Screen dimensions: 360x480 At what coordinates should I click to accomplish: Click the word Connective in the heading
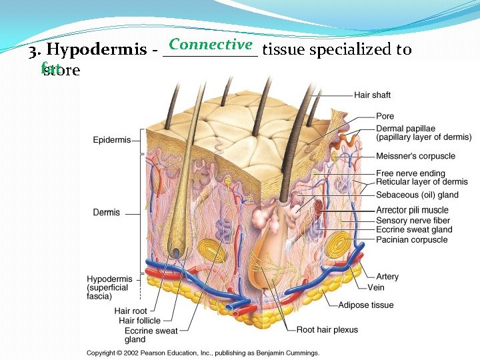[211, 45]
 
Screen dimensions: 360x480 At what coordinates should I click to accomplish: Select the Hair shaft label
[372, 95]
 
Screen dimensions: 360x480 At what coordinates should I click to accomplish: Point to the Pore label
[385, 117]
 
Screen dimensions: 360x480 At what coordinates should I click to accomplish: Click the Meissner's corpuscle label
[415, 156]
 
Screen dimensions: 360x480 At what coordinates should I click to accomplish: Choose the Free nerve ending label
[410, 173]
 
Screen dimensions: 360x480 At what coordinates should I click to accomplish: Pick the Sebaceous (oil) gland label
[417, 195]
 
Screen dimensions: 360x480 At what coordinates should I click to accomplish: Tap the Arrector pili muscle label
[412, 211]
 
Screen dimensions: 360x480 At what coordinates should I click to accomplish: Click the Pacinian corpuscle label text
[411, 239]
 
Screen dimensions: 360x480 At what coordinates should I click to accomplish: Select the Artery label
[387, 277]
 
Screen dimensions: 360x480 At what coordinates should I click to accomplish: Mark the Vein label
[376, 287]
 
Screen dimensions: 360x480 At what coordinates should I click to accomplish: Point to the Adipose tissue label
[366, 305]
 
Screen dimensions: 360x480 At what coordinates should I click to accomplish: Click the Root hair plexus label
[327, 329]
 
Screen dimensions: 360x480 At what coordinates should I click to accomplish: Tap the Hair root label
[131, 311]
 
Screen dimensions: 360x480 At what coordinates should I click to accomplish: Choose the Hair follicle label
[140, 321]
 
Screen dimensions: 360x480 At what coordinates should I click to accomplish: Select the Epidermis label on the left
[111, 140]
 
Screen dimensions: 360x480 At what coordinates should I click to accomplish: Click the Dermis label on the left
[107, 213]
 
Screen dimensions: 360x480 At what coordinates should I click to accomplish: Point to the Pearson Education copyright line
[203, 353]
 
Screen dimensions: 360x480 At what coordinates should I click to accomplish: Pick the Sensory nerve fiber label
[413, 221]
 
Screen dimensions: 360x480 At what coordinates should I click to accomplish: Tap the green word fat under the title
[48, 67]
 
